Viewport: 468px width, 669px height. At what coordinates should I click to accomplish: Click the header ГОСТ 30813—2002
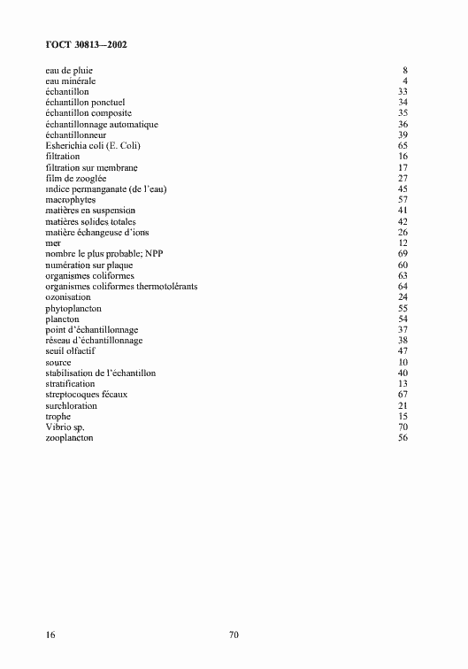pyautogui.click(x=85, y=43)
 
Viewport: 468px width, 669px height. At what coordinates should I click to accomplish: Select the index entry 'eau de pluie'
pyautogui.click(x=68, y=70)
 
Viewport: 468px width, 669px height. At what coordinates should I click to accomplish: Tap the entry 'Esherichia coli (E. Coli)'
pyautogui.click(x=93, y=145)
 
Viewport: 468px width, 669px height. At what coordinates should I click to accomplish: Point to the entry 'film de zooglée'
pyautogui.click(x=75, y=178)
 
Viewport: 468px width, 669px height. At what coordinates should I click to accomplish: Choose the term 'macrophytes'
pyautogui.click(x=70, y=200)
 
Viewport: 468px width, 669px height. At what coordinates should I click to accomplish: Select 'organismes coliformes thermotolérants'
pyautogui.click(x=121, y=287)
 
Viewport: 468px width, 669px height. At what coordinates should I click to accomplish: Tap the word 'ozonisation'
pyautogui.click(x=69, y=297)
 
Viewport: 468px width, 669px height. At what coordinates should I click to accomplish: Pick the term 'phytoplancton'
pyautogui.click(x=73, y=309)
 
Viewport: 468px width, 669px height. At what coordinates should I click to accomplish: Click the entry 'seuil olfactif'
pyautogui.click(x=70, y=351)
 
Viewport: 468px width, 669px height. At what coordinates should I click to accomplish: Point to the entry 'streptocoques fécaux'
pyautogui.click(x=86, y=395)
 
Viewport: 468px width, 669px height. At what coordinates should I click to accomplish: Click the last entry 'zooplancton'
pyautogui.click(x=69, y=438)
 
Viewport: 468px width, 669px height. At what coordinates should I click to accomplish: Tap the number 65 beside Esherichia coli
pyautogui.click(x=403, y=145)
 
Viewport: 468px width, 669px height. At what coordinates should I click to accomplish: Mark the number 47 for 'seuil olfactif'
pyautogui.click(x=403, y=351)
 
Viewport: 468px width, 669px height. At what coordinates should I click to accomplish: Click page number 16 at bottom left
pyautogui.click(x=50, y=634)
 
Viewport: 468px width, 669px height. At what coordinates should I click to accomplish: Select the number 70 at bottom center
pyautogui.click(x=234, y=634)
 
